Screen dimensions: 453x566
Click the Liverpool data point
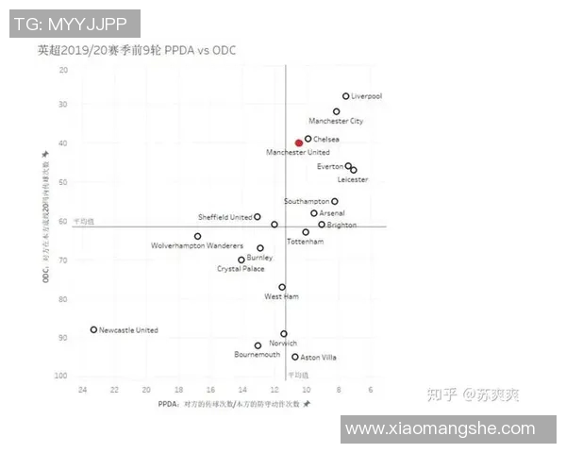[x=346, y=96]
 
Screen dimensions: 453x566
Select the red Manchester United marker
[x=299, y=143]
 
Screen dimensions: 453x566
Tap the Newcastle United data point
[x=93, y=329]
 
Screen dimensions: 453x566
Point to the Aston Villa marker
[x=295, y=357]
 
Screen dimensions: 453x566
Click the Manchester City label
[x=336, y=122]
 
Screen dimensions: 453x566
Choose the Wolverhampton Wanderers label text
[x=197, y=246]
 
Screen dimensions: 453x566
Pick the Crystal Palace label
[x=241, y=269]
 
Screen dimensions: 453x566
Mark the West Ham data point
[x=282, y=287]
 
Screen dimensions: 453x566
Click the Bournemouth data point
[x=258, y=345]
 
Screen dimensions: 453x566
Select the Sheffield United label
[x=225, y=217]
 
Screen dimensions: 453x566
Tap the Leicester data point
[x=354, y=170]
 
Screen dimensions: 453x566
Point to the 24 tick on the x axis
[x=82, y=389]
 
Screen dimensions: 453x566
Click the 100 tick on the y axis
[x=61, y=377]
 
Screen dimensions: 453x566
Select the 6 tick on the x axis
[x=370, y=389]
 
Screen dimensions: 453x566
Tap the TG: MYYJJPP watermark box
[x=75, y=24]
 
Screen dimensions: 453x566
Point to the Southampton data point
[x=335, y=201]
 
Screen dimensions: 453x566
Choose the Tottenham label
[x=305, y=242]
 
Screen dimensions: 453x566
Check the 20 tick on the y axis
[x=63, y=70]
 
